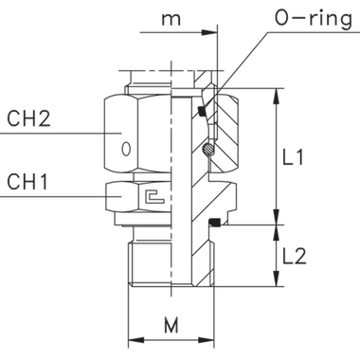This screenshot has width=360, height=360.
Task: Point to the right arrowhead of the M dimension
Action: coord(205,338)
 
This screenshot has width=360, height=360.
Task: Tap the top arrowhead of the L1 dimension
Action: coord(277,94)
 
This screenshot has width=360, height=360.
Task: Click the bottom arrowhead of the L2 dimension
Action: coord(277,280)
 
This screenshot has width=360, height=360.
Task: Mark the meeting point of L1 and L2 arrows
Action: coord(277,225)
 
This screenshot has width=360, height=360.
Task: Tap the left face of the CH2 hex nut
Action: coord(107,133)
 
